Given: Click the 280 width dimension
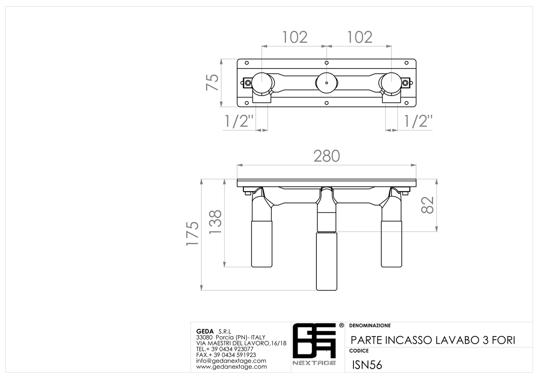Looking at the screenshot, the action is (x=327, y=156).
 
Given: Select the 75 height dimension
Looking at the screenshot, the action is (x=212, y=82).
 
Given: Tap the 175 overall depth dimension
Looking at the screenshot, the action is (x=192, y=233).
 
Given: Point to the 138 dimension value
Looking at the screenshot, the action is (x=215, y=222).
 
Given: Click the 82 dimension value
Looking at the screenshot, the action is (x=427, y=205).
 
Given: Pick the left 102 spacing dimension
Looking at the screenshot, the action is (x=294, y=38).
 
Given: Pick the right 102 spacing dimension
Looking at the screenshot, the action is (x=360, y=38).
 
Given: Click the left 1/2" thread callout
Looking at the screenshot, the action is (x=239, y=121).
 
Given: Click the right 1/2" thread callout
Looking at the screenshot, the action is (x=418, y=121).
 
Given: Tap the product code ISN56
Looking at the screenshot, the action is (x=367, y=365).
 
